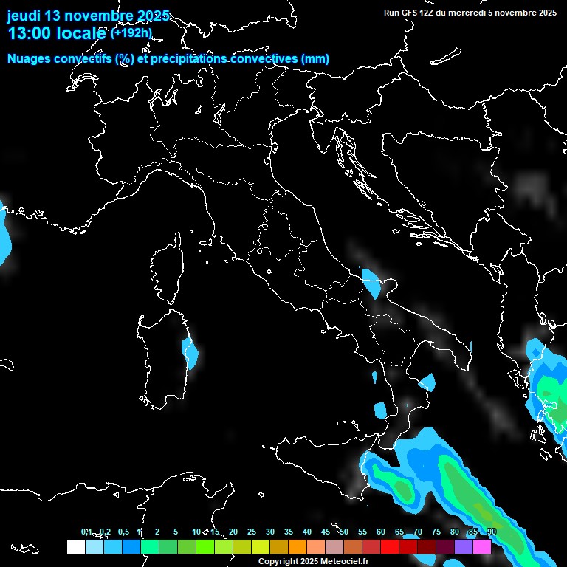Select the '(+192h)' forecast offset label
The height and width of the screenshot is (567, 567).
(131, 32)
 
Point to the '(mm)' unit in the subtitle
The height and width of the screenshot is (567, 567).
(315, 59)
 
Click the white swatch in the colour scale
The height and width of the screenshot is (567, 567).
(75, 546)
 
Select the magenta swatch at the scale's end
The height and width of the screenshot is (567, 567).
(482, 546)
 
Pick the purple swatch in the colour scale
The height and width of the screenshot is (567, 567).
(464, 546)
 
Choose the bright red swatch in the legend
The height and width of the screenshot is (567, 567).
(390, 546)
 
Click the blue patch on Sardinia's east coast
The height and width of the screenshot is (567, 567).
(190, 353)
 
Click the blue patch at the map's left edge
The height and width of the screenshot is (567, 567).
(4, 233)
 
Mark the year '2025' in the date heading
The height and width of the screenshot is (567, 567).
(147, 16)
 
